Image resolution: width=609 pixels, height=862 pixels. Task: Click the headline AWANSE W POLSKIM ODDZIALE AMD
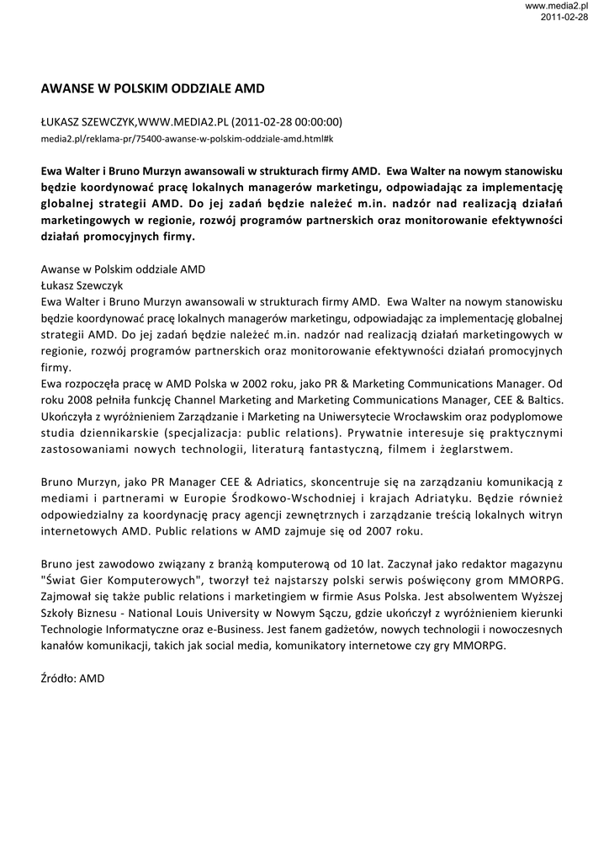(x=152, y=88)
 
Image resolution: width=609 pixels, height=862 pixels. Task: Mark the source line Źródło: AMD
(x=72, y=678)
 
